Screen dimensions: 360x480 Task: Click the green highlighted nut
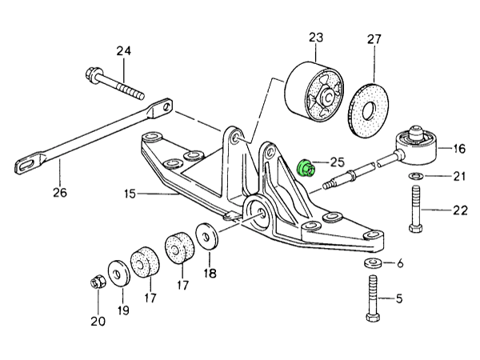[x=305, y=168]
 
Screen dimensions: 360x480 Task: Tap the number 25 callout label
[x=337, y=162]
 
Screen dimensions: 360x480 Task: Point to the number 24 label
[x=122, y=52]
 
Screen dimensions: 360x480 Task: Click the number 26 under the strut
[x=60, y=192]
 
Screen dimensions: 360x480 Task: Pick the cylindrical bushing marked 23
[x=313, y=91]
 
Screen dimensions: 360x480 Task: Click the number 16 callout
[x=458, y=148]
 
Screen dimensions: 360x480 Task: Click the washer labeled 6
[x=371, y=263]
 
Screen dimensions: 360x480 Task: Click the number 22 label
[x=458, y=210]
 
